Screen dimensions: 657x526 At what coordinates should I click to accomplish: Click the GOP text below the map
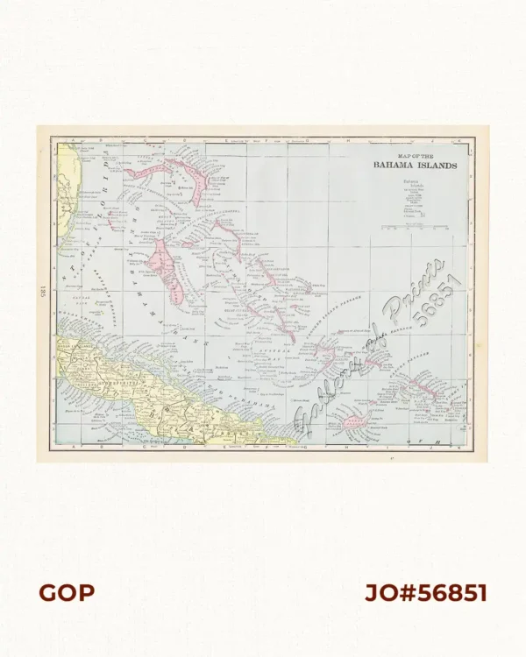pos(66,593)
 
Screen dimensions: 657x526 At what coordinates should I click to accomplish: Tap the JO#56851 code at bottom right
pos(425,593)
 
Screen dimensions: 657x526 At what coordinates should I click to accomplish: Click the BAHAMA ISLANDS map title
pos(414,165)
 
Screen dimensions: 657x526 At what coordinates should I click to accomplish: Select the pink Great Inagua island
pos(354,424)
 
